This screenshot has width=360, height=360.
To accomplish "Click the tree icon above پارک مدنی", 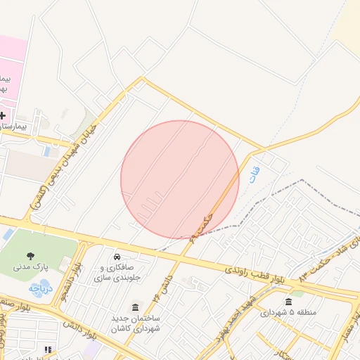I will pyautogui.click(x=30, y=256).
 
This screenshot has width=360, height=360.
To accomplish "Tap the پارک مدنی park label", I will pyautogui.click(x=30, y=268).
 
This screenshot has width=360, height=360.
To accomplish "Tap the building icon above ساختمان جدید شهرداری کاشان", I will pyautogui.click(x=135, y=307).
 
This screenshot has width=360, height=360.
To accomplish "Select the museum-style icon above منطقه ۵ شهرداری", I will pyautogui.click(x=288, y=301).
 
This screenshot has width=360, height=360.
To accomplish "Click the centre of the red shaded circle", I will pyautogui.click(x=180, y=179).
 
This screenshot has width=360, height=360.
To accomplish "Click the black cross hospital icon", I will pyautogui.click(x=3, y=115).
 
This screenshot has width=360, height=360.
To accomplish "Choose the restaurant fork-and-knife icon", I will pyautogui.click(x=48, y=349).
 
